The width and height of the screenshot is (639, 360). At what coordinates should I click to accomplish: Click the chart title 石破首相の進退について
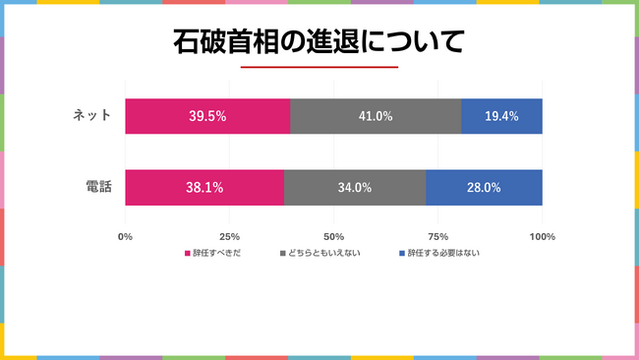(x=319, y=41)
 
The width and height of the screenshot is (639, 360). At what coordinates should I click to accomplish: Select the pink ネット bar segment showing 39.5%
(x=207, y=116)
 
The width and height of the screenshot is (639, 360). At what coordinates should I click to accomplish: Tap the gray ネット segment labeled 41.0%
(x=376, y=116)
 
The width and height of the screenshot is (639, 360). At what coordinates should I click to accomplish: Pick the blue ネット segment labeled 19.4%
(x=501, y=116)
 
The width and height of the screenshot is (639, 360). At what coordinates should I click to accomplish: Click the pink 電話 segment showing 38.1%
(x=204, y=187)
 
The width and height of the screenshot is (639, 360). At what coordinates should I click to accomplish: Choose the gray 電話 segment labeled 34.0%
(x=354, y=187)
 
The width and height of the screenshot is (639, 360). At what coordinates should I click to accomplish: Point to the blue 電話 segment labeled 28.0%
(x=484, y=187)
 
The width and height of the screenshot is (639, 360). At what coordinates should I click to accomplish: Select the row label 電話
(x=97, y=187)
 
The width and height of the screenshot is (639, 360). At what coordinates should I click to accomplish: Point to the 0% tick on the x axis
(x=125, y=237)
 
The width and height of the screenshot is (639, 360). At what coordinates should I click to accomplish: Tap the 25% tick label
(x=229, y=237)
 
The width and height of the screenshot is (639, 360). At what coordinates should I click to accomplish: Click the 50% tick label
(x=333, y=237)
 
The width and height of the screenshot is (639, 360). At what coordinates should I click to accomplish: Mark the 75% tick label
(x=437, y=237)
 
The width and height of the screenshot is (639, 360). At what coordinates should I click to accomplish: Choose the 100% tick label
(x=542, y=237)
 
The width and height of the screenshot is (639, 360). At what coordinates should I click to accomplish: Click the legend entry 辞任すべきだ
(x=214, y=254)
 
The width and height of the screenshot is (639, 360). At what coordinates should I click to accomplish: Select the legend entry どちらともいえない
(x=323, y=254)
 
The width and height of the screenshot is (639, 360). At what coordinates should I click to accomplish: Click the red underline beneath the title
(x=319, y=67)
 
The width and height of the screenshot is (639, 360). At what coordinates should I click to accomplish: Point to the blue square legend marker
(x=402, y=254)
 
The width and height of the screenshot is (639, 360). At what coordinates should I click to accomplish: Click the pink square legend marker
(x=187, y=254)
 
